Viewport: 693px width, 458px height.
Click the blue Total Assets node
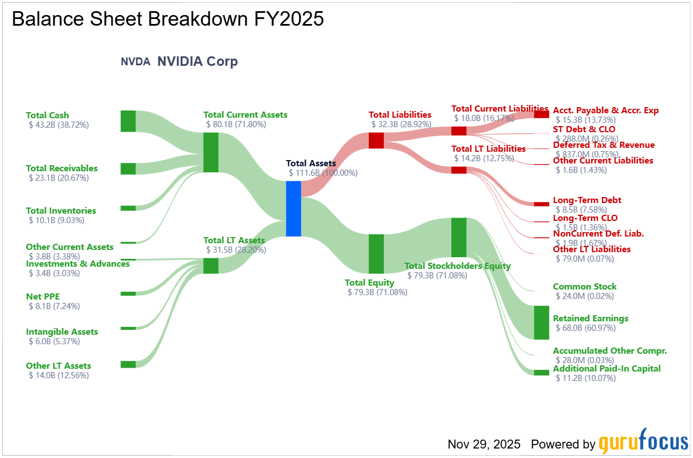click(293, 209)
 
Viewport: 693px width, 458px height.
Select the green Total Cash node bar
click(128, 121)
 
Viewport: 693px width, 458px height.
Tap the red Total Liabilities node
click(376, 140)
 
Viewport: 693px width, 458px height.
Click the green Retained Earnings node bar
click(541, 322)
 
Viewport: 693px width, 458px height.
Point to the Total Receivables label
click(61, 168)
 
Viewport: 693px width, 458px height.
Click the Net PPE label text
click(43, 296)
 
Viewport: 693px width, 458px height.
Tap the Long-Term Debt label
click(586, 200)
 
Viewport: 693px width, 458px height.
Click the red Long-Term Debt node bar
click(541, 204)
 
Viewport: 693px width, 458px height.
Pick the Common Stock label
click(584, 287)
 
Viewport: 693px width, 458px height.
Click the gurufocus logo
click(643, 442)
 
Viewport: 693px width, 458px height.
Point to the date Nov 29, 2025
click(484, 444)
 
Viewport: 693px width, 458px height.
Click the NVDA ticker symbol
click(136, 62)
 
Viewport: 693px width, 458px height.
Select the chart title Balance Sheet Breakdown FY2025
click(167, 19)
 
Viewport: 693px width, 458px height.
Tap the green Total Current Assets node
click(210, 152)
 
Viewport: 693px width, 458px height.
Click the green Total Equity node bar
click(376, 254)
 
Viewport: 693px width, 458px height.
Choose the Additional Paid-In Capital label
click(607, 369)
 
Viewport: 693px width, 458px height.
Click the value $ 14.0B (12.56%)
click(59, 375)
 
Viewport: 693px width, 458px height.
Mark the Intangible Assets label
click(62, 332)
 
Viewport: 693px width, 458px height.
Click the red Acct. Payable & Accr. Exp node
click(541, 114)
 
